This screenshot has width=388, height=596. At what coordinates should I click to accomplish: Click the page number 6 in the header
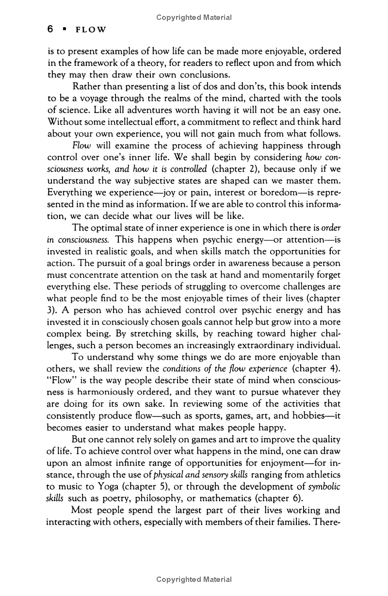[x=50, y=30]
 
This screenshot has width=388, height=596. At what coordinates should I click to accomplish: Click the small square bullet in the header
[x=64, y=30]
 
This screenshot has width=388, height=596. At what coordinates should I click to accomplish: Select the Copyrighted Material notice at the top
[x=194, y=17]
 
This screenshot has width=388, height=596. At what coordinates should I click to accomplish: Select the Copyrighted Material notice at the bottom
[x=194, y=579]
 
